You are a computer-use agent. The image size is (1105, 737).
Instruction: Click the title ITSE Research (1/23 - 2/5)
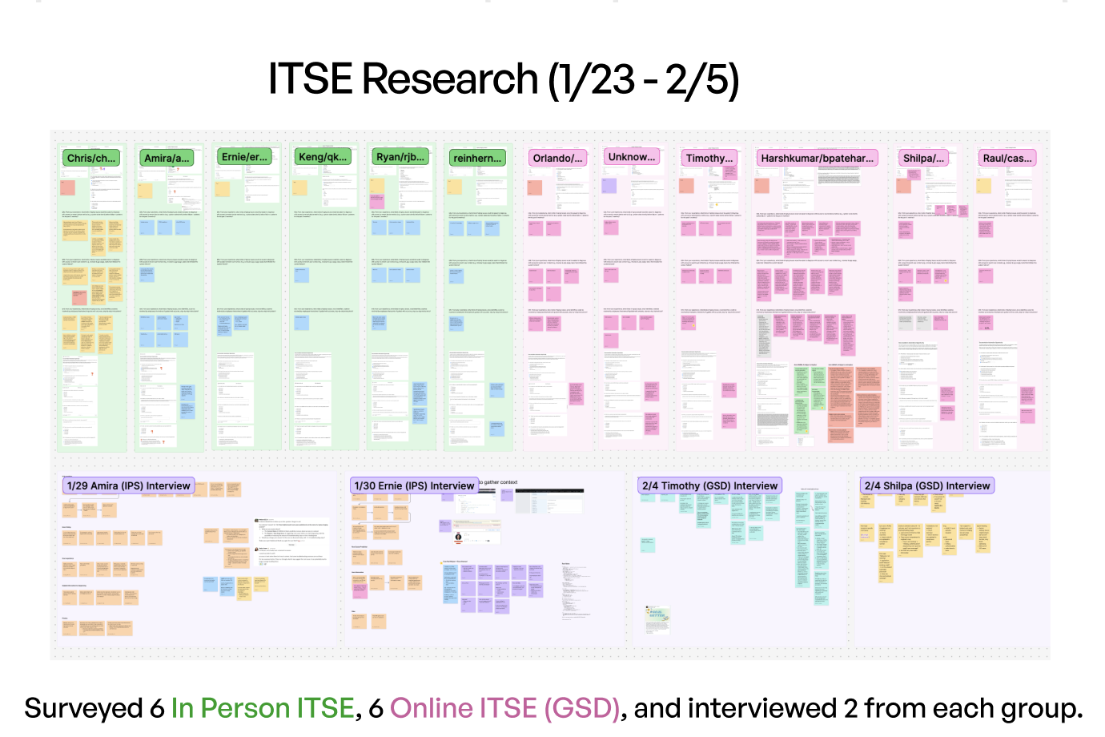[x=503, y=80]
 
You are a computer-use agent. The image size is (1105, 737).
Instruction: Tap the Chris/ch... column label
[x=91, y=158]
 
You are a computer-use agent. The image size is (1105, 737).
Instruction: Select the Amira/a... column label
[x=167, y=158]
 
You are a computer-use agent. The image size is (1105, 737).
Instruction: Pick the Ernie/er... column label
[x=244, y=157]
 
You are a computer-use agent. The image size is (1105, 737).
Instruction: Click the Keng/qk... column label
[x=323, y=157]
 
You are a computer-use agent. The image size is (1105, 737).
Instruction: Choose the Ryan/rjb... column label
[x=400, y=157]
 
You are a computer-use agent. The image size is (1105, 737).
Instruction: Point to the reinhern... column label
[x=477, y=158]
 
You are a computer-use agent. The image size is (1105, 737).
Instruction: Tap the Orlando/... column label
[x=557, y=158]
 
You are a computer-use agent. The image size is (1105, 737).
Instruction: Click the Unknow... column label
[x=632, y=157]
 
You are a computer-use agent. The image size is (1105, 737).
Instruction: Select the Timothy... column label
[x=709, y=158]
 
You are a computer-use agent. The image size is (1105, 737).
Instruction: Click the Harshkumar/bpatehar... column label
[x=817, y=158]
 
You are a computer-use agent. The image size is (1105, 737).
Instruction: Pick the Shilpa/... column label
[x=923, y=158]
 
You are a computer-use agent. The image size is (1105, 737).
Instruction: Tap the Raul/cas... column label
[x=1007, y=158]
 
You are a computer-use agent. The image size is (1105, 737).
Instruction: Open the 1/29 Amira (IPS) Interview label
[x=129, y=485]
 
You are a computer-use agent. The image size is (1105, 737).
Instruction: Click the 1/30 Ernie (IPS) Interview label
[x=414, y=485]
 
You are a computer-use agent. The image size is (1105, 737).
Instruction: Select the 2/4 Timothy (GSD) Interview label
[x=709, y=485]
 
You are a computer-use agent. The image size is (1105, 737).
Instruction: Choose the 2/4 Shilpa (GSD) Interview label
[x=927, y=485]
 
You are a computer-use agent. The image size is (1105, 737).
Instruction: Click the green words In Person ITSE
[x=262, y=708]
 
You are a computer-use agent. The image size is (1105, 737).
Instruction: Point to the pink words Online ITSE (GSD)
[x=504, y=708]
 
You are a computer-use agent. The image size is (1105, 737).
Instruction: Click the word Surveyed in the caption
[x=83, y=708]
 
